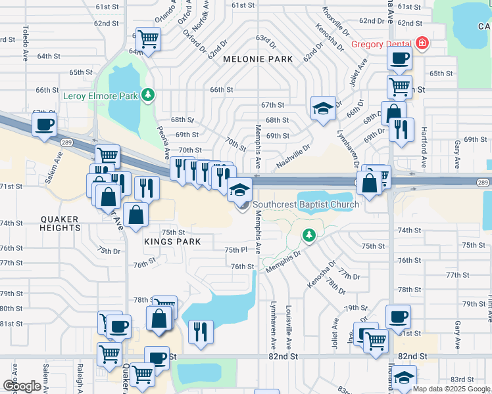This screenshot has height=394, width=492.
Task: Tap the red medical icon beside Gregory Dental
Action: click(x=422, y=44)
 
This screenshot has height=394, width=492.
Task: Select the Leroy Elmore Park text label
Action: click(x=101, y=96)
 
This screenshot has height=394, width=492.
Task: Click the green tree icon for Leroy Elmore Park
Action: click(x=149, y=95)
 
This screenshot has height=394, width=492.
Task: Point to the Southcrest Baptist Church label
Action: click(x=306, y=204)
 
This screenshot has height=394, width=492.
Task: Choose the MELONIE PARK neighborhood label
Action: click(x=257, y=59)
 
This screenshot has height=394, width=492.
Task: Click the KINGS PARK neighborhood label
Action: click(x=166, y=242)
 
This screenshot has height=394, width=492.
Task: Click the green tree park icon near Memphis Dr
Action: click(x=308, y=234)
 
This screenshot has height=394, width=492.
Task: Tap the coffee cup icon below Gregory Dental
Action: click(x=399, y=58)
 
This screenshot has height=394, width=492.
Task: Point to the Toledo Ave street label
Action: click(x=26, y=40)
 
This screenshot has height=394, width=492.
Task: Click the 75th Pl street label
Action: click(x=235, y=250)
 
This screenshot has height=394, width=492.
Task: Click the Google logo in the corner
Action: click(x=22, y=386)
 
